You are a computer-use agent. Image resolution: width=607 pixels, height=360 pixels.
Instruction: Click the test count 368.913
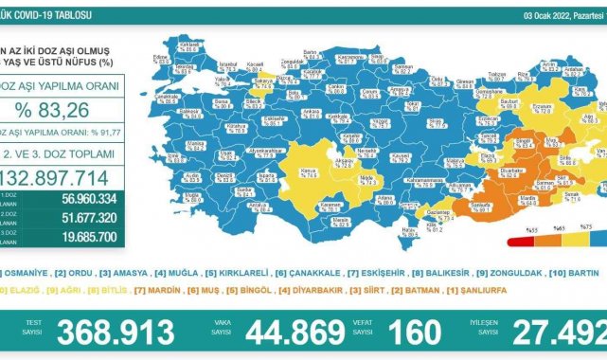pyautogui.click(x=116, y=333)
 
